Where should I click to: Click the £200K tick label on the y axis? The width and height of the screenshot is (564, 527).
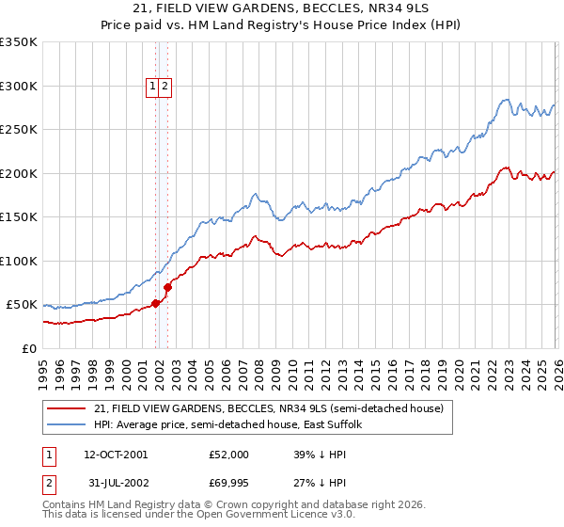18,173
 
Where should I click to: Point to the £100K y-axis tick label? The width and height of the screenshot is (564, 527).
18,261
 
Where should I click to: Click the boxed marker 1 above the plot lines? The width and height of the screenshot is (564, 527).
152,87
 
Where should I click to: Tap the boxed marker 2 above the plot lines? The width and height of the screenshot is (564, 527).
164,87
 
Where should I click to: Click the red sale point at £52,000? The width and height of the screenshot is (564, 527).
156,303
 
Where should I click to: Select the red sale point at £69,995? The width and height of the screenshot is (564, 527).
168,287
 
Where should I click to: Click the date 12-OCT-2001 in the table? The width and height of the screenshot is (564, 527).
116,455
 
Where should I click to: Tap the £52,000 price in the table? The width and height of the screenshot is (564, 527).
229,455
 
